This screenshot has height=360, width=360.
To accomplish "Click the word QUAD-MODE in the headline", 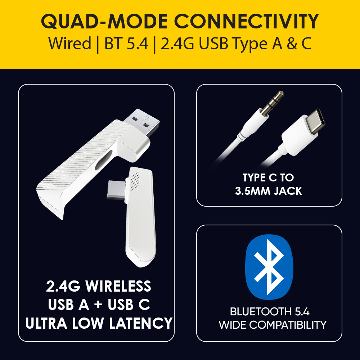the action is pos(104,22).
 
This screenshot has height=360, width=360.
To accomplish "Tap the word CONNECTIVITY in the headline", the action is pos(246,22).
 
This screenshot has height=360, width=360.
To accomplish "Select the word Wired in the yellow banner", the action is pos(69,43).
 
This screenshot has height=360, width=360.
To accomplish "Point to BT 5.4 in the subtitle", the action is pos(126,43).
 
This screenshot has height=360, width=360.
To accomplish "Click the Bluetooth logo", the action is pos(269,267).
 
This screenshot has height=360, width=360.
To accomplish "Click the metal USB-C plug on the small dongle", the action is pos(116,190).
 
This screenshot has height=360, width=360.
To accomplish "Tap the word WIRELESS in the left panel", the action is pos(118,286).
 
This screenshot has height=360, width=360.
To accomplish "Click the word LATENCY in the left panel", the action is pos(140,323).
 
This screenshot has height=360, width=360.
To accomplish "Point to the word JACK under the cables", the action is pos(288,191).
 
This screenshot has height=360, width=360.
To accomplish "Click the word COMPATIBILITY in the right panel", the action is pos(288,325).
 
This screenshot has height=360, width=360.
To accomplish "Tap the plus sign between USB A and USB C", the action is pos(98,305).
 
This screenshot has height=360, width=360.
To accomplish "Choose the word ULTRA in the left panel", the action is pos(46,323).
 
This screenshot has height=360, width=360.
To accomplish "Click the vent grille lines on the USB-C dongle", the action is pos(135,181).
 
